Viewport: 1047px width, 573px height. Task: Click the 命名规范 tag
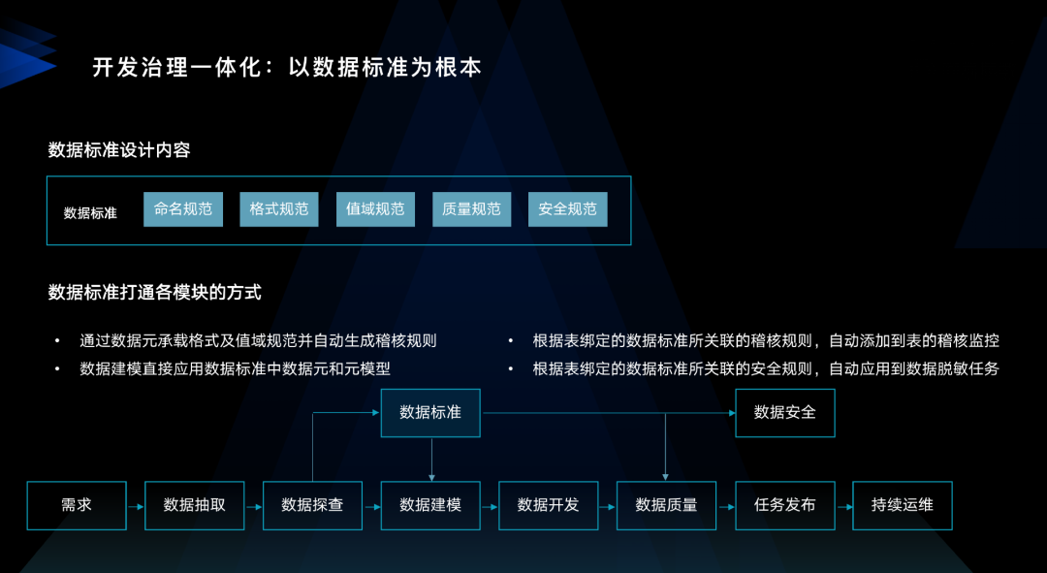(x=183, y=209)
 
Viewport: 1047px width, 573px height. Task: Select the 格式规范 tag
(x=279, y=209)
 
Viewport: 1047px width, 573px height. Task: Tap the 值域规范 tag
(x=375, y=209)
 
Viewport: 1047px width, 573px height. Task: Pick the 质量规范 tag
(x=471, y=209)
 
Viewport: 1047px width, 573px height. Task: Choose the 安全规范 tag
(x=567, y=209)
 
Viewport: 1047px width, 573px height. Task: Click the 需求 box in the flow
(x=77, y=505)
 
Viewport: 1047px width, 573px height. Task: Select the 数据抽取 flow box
(x=195, y=505)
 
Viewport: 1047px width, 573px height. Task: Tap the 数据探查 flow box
(x=312, y=505)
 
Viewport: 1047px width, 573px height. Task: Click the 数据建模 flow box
(x=430, y=505)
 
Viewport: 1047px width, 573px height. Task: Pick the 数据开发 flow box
(x=548, y=505)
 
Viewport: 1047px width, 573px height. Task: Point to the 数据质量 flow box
(x=666, y=505)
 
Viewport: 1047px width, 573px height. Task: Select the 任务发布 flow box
(x=784, y=505)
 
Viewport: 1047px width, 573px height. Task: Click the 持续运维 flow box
(x=903, y=505)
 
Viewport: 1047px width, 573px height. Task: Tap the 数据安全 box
(x=785, y=413)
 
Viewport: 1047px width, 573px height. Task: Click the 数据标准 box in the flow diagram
(x=430, y=413)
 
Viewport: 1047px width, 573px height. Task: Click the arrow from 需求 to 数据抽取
(x=136, y=506)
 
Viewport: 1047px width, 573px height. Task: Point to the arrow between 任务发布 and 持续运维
(x=843, y=506)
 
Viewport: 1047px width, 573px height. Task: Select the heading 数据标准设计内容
(x=119, y=150)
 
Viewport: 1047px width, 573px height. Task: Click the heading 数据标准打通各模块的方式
(x=155, y=292)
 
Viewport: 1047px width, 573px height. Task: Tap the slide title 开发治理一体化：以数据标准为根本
(x=287, y=68)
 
